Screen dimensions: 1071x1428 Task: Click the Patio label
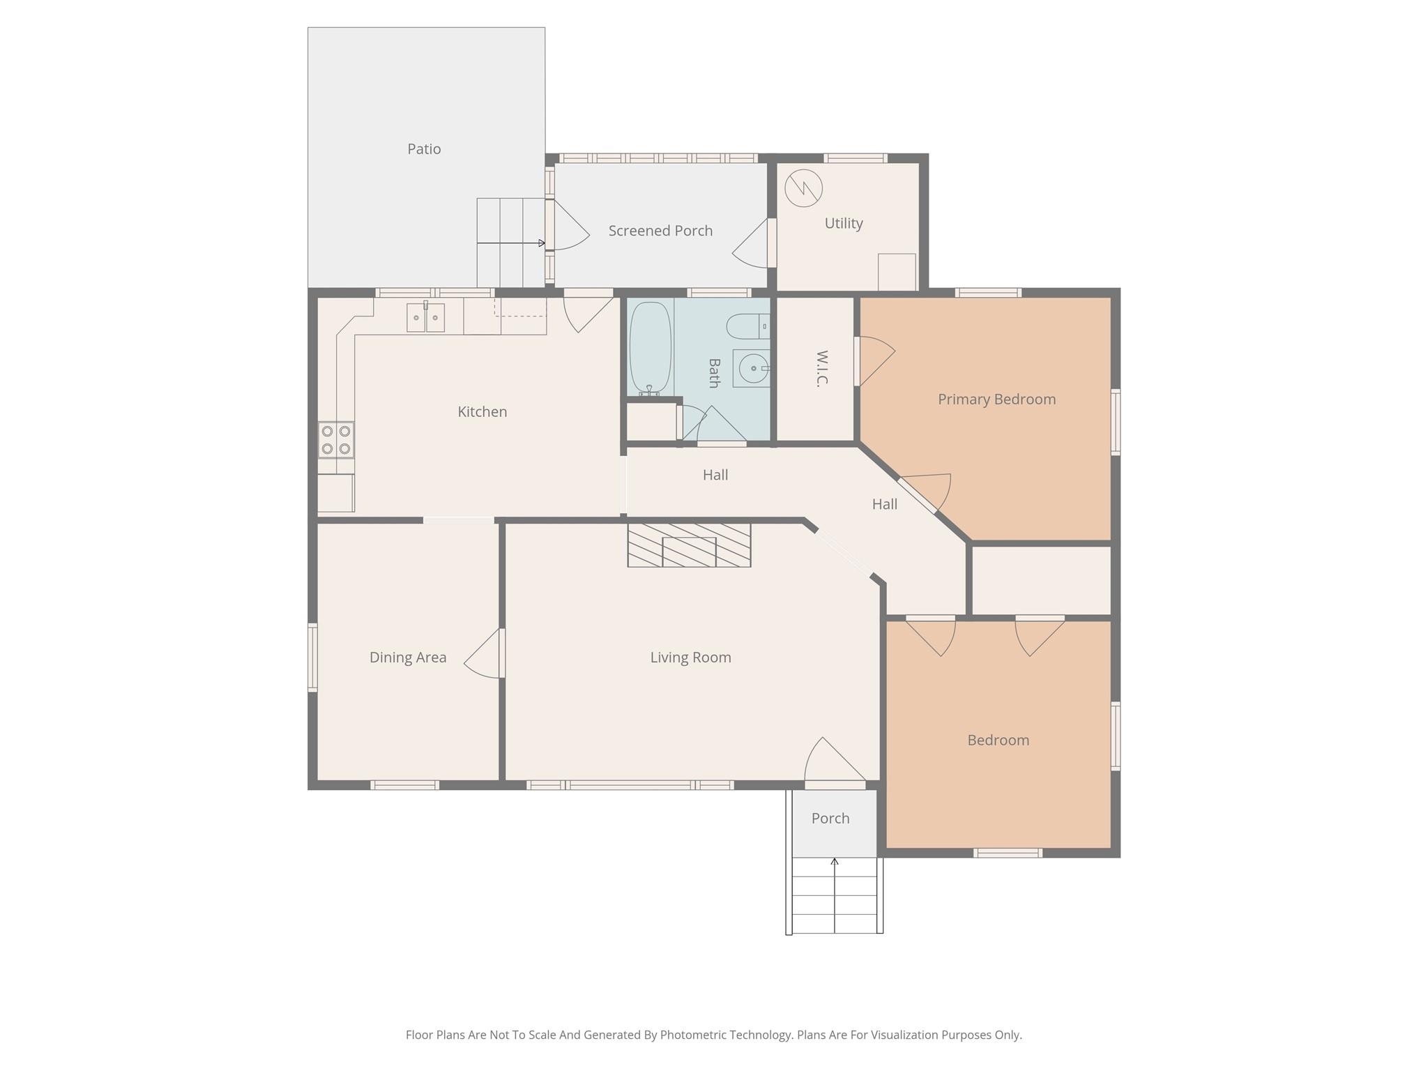tap(424, 149)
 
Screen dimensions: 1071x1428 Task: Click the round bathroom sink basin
tap(753, 368)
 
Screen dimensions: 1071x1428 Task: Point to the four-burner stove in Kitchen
tap(336, 439)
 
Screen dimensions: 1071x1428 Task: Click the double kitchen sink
tap(425, 317)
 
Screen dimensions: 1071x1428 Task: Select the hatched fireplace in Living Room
tap(689, 545)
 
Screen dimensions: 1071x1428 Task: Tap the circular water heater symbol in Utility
tap(803, 188)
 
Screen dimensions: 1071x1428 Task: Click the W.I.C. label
tap(821, 368)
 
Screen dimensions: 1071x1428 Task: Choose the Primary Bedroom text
tap(996, 399)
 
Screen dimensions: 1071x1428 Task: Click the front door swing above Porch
tap(833, 764)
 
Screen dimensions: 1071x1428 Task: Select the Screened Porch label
tap(660, 231)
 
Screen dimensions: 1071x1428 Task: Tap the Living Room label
tap(690, 657)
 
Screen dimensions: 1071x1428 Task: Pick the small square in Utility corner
tap(896, 272)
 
